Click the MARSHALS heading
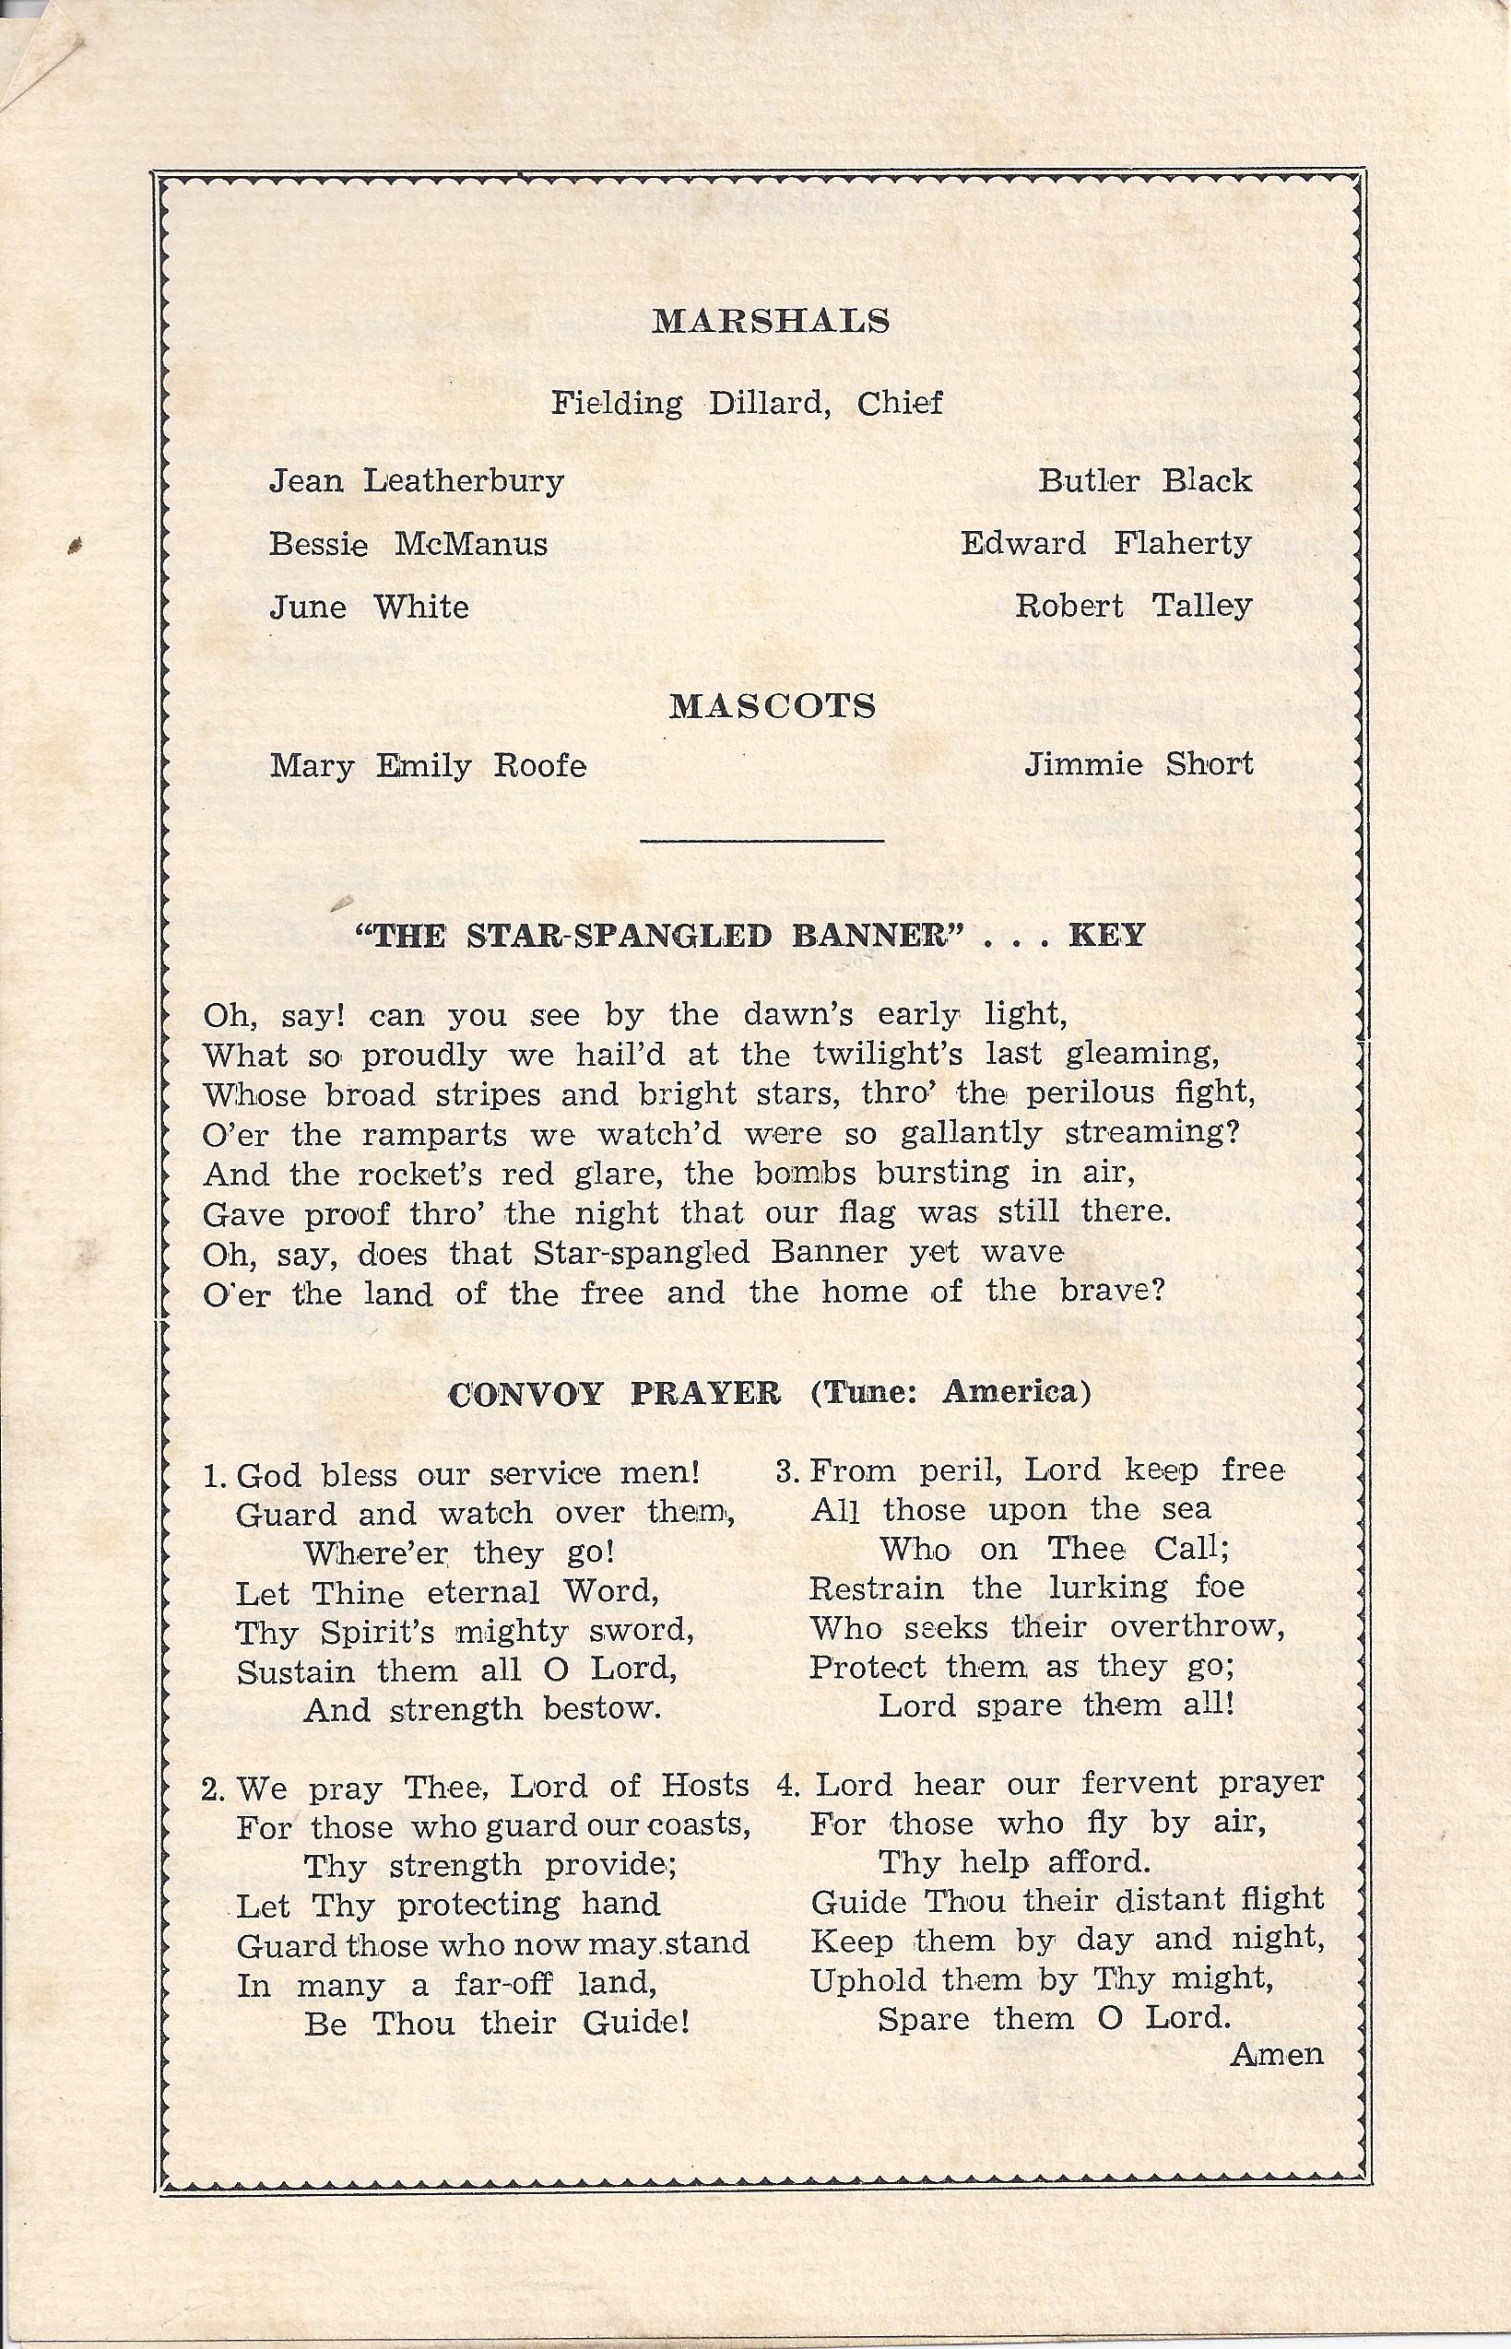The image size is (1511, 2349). (772, 322)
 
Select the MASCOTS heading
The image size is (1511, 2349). (773, 705)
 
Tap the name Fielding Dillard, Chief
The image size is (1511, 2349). (747, 402)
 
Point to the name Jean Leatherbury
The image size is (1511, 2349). (417, 481)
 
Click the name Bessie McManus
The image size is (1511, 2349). (408, 544)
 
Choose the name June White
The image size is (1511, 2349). (369, 607)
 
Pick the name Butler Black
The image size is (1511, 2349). (1145, 481)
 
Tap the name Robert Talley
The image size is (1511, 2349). (1133, 607)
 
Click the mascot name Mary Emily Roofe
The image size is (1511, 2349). (428, 765)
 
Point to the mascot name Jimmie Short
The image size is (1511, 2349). (1139, 763)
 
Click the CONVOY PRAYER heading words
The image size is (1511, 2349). (614, 1393)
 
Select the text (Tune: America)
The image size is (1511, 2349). (950, 1392)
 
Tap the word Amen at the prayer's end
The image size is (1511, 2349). (1277, 2054)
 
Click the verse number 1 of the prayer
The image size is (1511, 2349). (210, 1476)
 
